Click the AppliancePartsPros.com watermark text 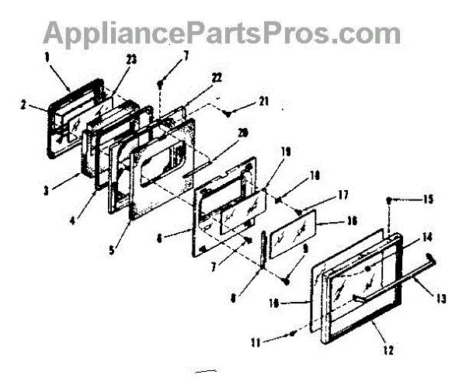pos(221,33)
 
